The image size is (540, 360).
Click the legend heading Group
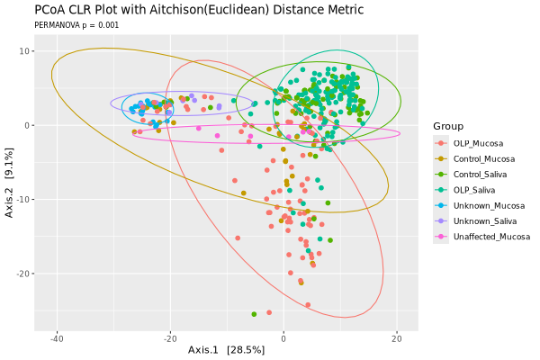447,125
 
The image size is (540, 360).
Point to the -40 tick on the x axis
57,338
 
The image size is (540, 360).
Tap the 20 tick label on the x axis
397,338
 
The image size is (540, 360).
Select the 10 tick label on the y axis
28,51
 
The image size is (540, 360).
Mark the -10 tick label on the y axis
26,199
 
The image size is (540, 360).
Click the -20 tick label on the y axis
26,273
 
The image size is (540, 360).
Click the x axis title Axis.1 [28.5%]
225,349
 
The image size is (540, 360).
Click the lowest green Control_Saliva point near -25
254,314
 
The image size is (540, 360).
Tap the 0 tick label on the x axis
283,338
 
